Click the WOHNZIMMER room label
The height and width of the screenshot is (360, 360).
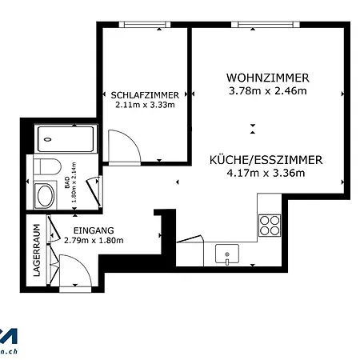pos(267,78)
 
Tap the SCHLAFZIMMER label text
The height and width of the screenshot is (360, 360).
pos(144,94)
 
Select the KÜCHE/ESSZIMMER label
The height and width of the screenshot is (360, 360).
pos(266,160)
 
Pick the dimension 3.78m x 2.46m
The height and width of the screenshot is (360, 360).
pos(267,91)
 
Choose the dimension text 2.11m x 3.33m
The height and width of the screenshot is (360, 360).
pos(144,104)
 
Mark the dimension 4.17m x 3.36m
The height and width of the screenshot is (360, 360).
pos(266,174)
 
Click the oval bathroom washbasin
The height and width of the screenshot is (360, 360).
pos(45,195)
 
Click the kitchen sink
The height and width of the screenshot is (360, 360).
pos(227,255)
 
